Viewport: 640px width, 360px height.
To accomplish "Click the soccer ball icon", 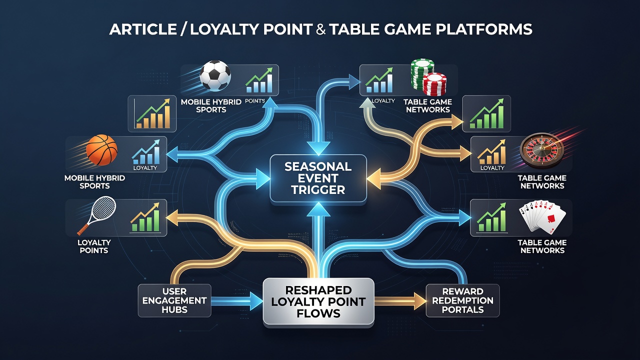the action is tap(215, 75).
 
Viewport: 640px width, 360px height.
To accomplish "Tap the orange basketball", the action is tap(101, 150).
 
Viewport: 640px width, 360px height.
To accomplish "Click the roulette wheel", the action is tap(541, 151).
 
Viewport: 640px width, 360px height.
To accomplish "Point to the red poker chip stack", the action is tap(435, 84).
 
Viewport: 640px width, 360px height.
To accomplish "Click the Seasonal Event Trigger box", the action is tap(318, 178).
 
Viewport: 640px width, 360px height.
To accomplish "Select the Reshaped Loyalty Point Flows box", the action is tap(318, 301).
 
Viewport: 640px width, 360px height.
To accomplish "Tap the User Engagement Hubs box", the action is tap(174, 300).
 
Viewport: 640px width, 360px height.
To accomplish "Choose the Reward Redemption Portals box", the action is tap(462, 300).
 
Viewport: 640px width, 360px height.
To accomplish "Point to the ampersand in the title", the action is tap(321, 29).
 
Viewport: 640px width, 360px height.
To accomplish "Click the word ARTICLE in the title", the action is tap(143, 29).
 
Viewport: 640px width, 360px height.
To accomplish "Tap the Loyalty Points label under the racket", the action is tap(94, 246).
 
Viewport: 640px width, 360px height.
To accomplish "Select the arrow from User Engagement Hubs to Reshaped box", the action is tap(237, 300).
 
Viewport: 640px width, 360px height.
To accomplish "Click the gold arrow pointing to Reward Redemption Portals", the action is tap(400, 300).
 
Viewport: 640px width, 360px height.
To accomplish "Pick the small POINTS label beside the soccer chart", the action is tap(255, 101).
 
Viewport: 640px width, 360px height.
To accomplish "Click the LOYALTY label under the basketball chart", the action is tap(145, 167).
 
